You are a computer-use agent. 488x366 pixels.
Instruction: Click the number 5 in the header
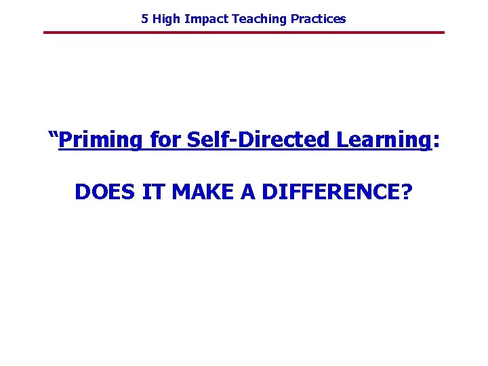144,19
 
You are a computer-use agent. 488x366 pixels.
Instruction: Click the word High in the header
165,19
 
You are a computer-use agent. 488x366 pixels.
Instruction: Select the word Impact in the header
204,19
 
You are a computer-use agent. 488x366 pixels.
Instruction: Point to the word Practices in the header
318,19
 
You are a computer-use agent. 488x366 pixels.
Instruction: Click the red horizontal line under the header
244,33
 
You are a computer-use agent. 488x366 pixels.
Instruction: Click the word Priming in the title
101,140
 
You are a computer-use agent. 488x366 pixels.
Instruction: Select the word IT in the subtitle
152,192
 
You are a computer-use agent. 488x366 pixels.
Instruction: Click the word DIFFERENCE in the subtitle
330,192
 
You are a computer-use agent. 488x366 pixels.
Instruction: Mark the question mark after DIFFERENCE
407,192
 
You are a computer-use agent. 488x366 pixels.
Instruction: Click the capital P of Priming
66,140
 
